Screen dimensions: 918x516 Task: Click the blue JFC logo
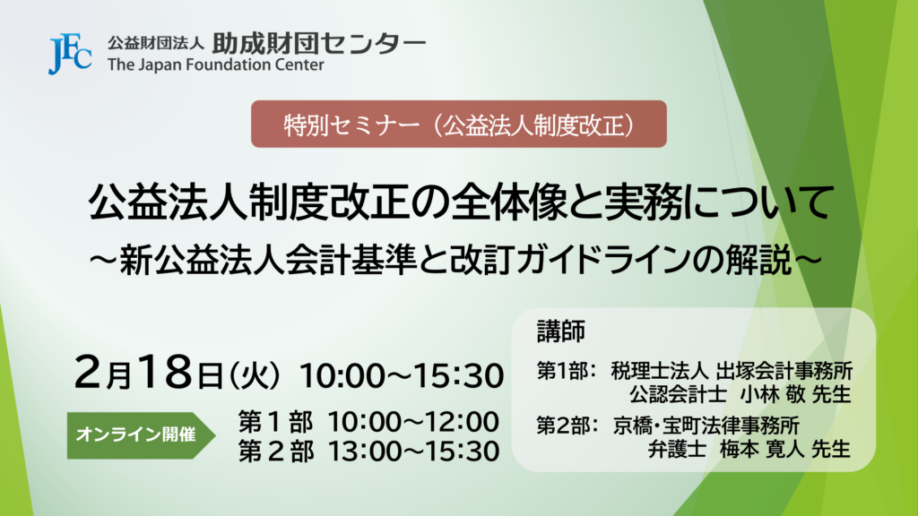click(x=70, y=54)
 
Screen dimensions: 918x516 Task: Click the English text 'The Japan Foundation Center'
click(x=215, y=64)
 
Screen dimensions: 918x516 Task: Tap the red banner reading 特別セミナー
click(x=459, y=124)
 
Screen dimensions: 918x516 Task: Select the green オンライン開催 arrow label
click(x=141, y=435)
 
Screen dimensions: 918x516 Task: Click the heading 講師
click(x=561, y=331)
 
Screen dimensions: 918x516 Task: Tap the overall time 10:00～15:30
click(x=402, y=375)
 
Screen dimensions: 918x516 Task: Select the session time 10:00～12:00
click(x=412, y=422)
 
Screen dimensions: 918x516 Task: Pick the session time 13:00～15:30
click(x=412, y=451)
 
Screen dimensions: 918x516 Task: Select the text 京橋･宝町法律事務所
click(x=706, y=426)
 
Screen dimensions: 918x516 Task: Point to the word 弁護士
click(x=677, y=450)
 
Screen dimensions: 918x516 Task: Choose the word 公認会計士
click(x=678, y=394)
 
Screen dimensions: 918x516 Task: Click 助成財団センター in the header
click(x=319, y=43)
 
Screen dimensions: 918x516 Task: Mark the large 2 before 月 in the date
click(x=90, y=372)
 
